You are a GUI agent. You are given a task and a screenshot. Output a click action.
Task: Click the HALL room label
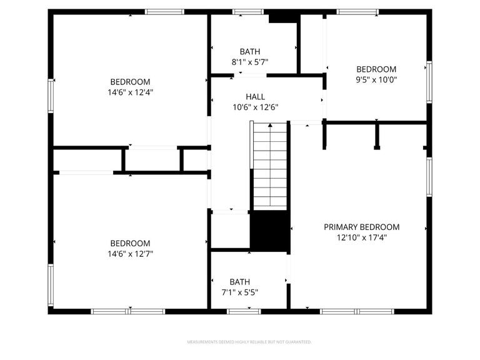(x=255, y=97)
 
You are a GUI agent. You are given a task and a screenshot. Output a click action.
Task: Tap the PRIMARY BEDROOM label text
(x=361, y=227)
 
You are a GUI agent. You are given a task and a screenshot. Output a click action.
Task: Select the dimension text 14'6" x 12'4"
(x=130, y=92)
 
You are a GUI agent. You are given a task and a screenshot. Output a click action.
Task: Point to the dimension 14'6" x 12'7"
(x=130, y=254)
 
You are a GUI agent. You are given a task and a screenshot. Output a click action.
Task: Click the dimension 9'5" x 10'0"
(x=376, y=79)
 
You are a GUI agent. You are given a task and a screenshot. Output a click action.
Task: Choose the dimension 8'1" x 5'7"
(x=250, y=62)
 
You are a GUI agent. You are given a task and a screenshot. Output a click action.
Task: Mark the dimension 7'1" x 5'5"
(x=239, y=292)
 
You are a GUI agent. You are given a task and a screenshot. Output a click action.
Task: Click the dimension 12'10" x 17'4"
(x=361, y=237)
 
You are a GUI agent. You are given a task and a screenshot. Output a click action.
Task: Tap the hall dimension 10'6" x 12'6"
(x=255, y=107)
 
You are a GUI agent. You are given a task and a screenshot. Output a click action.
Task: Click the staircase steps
(x=270, y=169)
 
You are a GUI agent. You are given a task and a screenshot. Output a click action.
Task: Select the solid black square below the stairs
(x=270, y=232)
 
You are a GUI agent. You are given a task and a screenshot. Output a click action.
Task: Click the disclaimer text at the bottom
(x=249, y=342)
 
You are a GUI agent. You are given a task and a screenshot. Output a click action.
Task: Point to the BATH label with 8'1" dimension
(x=250, y=51)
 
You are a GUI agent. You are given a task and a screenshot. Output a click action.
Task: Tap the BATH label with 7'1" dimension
(x=239, y=282)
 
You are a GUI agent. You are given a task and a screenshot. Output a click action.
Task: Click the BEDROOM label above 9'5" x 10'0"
(x=376, y=69)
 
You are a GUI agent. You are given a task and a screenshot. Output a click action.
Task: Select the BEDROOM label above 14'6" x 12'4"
(x=130, y=82)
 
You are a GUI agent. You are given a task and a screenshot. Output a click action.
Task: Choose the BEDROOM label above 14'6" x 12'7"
(x=130, y=244)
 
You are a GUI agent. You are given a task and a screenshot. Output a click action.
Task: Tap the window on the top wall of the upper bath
(x=247, y=11)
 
